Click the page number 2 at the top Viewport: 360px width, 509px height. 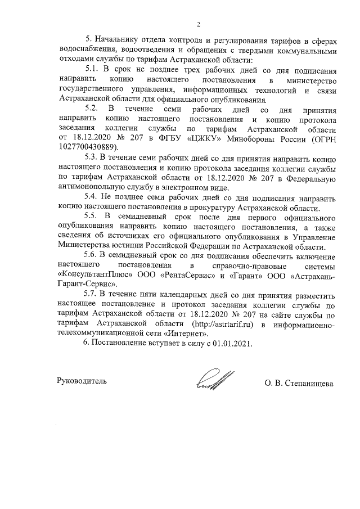pyautogui.click(x=198, y=24)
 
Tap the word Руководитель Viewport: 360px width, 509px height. pyautogui.click(x=82, y=381)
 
